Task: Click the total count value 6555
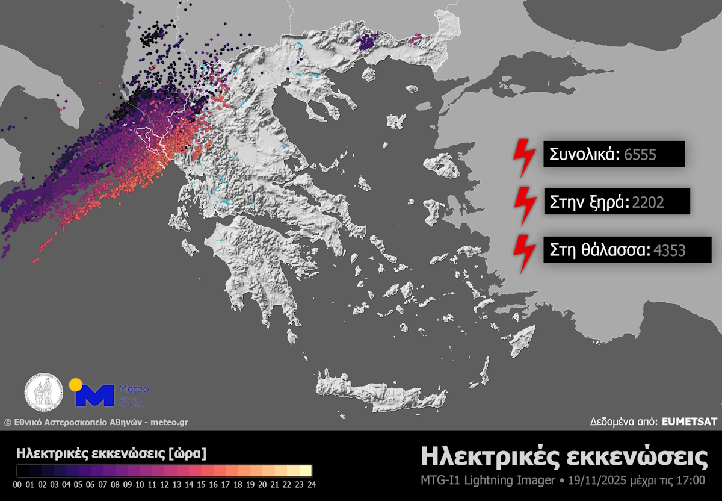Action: (x=640, y=155)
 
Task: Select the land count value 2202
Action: (x=648, y=202)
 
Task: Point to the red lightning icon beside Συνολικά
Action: (x=522, y=157)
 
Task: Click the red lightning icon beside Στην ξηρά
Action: (x=526, y=204)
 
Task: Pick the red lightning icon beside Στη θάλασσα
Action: (x=526, y=250)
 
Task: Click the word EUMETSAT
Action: (x=689, y=422)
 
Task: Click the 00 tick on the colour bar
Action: (x=17, y=484)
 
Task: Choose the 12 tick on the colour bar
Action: (x=164, y=484)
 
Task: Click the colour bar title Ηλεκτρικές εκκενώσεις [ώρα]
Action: (x=112, y=452)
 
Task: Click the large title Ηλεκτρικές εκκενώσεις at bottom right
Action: (x=564, y=457)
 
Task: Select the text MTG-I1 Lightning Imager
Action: (x=487, y=481)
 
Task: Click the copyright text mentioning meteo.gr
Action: (x=96, y=422)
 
